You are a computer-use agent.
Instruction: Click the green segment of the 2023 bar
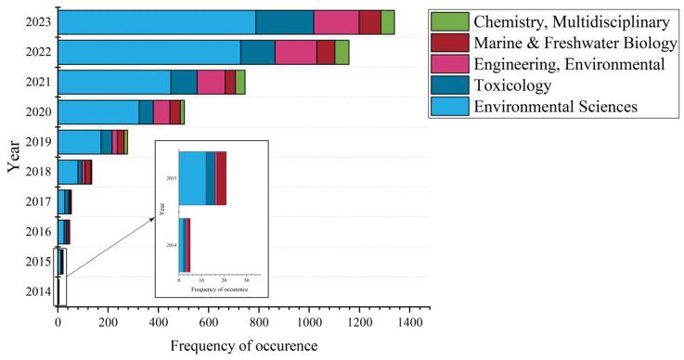pos(387,22)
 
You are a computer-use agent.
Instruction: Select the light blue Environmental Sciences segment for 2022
pos(148,53)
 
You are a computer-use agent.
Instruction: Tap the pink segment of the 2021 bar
pos(211,83)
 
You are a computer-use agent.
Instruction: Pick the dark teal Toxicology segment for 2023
pos(284,22)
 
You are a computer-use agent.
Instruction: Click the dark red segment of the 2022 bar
pos(325,53)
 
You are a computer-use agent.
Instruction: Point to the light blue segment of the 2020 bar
pos(97,112)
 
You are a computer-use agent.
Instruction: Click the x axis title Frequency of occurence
pos(243,345)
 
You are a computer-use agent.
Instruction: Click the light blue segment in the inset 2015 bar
pos(192,178)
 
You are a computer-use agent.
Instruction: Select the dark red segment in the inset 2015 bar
pos(221,178)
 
